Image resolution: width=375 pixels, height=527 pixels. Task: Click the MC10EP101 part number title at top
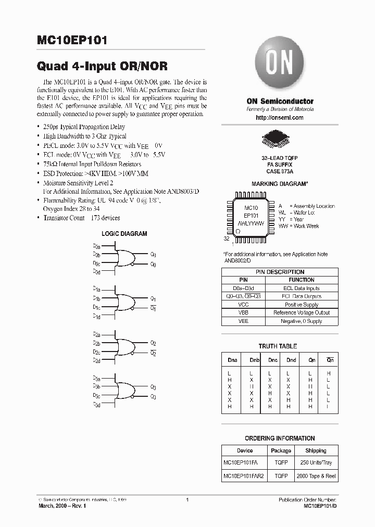pyautogui.click(x=72, y=41)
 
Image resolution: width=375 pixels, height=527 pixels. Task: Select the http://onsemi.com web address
pyautogui.click(x=280, y=118)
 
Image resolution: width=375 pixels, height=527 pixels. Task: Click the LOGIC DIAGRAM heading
pyautogui.click(x=124, y=234)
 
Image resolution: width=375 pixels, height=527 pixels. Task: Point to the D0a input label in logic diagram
pyautogui.click(x=96, y=245)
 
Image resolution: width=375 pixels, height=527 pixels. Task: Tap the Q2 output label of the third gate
pyautogui.click(x=153, y=343)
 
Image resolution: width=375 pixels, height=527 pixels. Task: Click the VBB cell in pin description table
pyautogui.click(x=243, y=313)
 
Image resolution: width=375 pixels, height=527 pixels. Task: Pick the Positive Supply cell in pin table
pyautogui.click(x=302, y=305)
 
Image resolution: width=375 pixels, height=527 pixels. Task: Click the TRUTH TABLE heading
pyautogui.click(x=278, y=346)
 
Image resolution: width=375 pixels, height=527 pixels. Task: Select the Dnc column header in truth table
pyautogui.click(x=273, y=359)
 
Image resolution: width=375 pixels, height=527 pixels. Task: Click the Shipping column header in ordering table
pyautogui.click(x=316, y=450)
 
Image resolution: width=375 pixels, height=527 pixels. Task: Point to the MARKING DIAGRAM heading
pyautogui.click(x=280, y=184)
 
